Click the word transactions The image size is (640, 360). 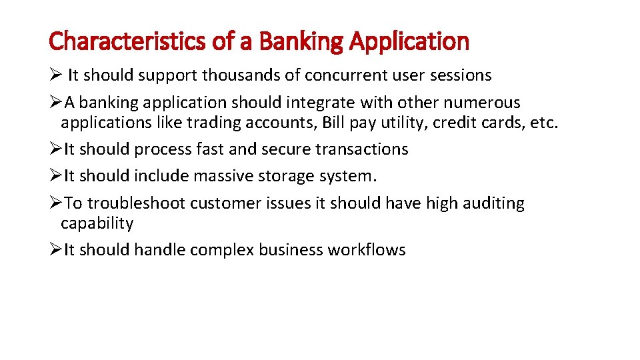(x=367, y=149)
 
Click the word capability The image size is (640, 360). (x=97, y=223)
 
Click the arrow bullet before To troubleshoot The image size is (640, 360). (x=55, y=203)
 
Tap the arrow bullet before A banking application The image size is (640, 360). (x=55, y=103)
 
